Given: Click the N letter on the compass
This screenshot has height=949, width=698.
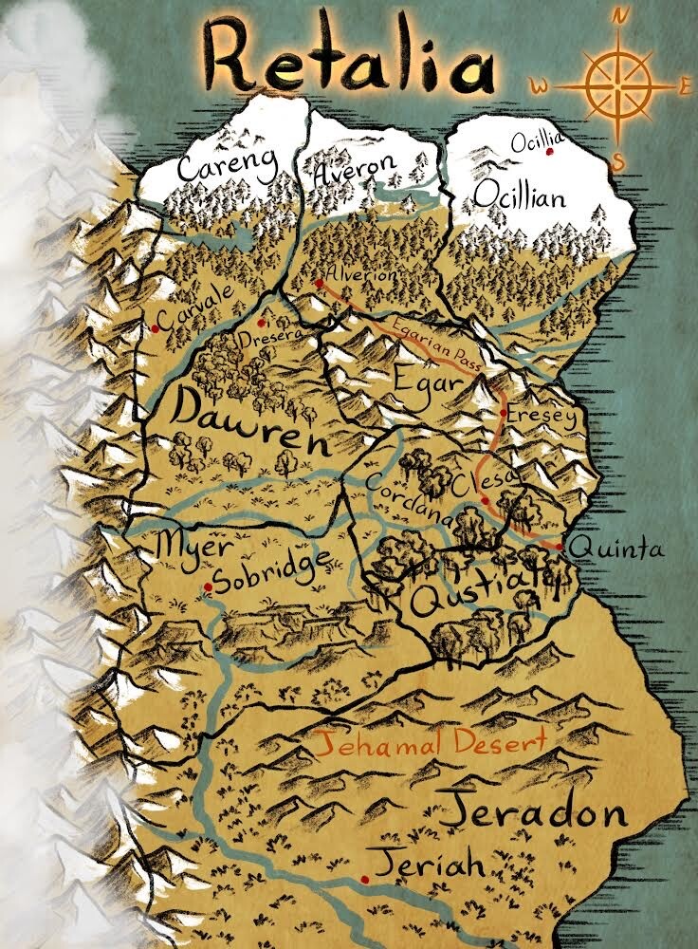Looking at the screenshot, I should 621,16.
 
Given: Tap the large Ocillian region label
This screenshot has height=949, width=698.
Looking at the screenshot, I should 520,196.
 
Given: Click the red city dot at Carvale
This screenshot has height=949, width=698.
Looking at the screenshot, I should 155,328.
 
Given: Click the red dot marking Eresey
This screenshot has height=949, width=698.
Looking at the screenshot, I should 504,413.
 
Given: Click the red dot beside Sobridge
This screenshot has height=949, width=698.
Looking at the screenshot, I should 208,587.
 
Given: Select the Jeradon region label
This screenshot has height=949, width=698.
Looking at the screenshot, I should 535,811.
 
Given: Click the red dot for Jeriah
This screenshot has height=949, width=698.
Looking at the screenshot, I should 365,879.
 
